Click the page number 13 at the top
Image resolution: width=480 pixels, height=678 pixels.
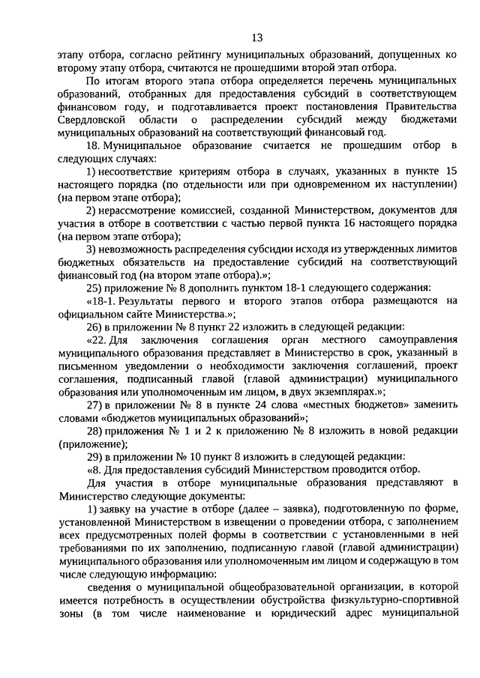pos(256,37)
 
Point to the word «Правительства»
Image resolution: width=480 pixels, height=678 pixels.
pos(415,106)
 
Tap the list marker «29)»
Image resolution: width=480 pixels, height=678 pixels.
pos(95,456)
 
